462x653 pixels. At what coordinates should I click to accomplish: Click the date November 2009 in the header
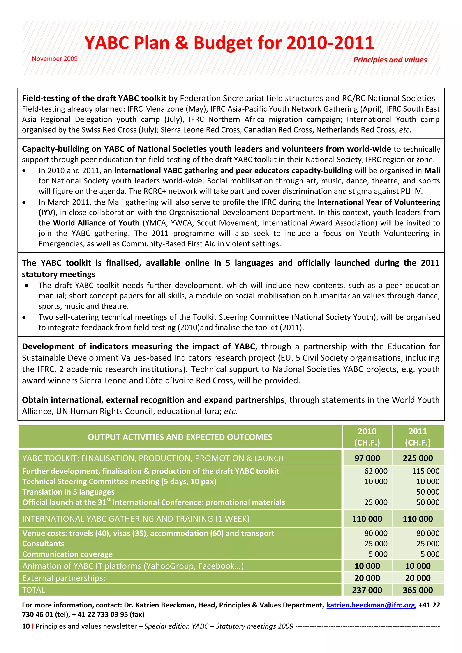click(55, 59)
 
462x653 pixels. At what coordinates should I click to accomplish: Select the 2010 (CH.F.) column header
click(367, 437)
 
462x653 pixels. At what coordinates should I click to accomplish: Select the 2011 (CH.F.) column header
click(418, 437)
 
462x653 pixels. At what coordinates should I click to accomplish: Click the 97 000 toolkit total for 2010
click(367, 458)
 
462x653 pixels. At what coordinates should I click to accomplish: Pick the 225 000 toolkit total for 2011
click(418, 458)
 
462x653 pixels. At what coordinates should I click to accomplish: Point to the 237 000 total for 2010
click(367, 590)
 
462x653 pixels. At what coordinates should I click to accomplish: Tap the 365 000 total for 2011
click(418, 590)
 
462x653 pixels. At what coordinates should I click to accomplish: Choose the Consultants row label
click(43, 543)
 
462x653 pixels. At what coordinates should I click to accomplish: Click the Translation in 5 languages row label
click(68, 492)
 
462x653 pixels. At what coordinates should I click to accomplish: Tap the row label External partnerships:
click(64, 578)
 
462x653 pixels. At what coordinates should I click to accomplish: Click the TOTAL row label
click(34, 590)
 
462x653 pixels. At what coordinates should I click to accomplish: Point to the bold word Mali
click(432, 171)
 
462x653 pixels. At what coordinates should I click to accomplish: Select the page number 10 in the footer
click(26, 626)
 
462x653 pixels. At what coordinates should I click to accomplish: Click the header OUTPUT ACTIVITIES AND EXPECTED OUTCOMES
click(180, 437)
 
